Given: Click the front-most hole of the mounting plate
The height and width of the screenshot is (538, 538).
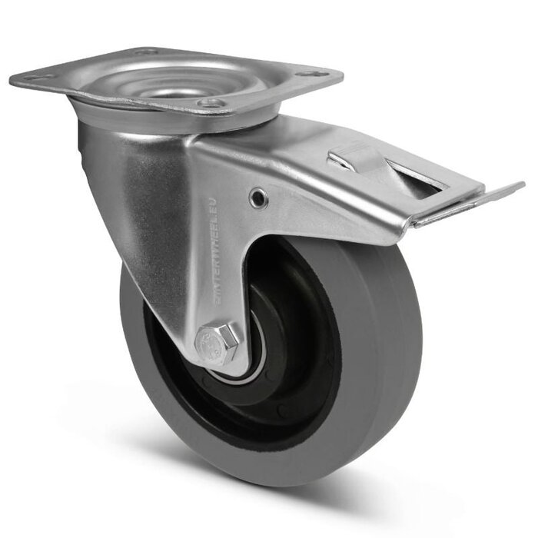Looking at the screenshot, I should pyautogui.click(x=208, y=102).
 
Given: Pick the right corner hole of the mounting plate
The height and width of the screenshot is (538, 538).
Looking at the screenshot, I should pyautogui.click(x=311, y=75).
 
